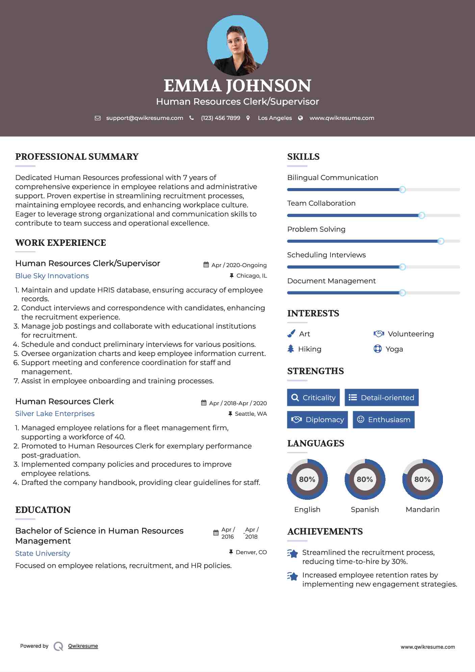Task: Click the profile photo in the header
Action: (237, 46)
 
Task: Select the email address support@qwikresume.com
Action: (144, 118)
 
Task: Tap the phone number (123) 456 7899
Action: (220, 118)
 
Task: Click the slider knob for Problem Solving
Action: (441, 241)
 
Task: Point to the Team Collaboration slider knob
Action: (421, 215)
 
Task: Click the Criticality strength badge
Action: (313, 397)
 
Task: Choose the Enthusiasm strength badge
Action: (384, 419)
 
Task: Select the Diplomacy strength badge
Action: (317, 419)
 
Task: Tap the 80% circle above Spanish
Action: (365, 479)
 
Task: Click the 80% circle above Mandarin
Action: (422, 479)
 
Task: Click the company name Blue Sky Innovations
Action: (52, 276)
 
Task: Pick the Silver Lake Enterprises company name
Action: (55, 414)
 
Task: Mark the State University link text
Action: (43, 553)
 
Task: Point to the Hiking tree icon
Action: (291, 348)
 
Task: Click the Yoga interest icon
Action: (378, 348)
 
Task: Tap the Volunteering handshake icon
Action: (379, 334)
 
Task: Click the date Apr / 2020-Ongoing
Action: (239, 265)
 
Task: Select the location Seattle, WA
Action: (250, 414)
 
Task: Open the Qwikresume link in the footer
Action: (83, 646)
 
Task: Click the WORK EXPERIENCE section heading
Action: (60, 243)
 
